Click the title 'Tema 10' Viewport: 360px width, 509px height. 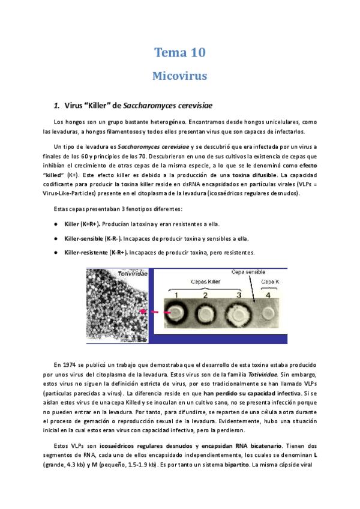[180, 53]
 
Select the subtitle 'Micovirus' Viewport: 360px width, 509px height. [180, 76]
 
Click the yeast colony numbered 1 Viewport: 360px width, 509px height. [178, 313]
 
